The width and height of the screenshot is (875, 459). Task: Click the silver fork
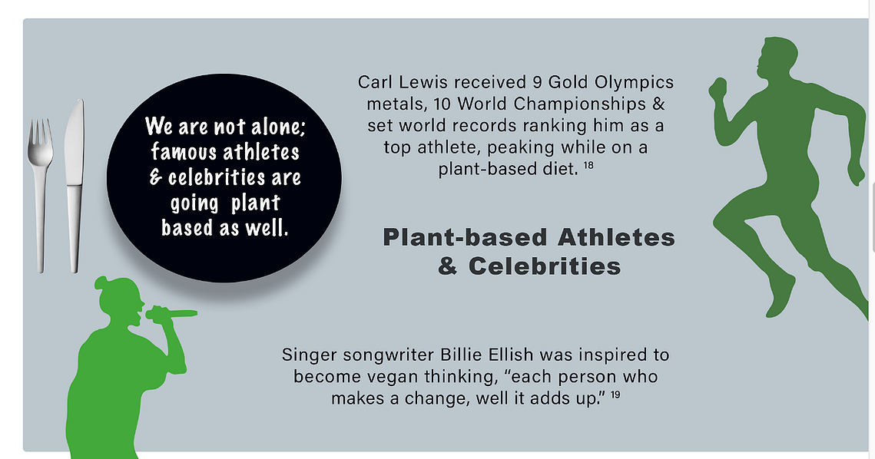pyautogui.click(x=40, y=195)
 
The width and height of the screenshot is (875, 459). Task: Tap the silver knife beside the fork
pyautogui.click(x=75, y=186)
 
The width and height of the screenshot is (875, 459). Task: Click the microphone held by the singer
pyautogui.click(x=171, y=314)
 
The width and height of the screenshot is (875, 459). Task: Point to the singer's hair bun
pyautogui.click(x=101, y=282)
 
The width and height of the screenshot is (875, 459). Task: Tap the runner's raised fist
pyautogui.click(x=718, y=88)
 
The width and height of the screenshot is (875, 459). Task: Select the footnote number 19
pyautogui.click(x=615, y=395)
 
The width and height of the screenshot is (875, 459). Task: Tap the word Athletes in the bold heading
pyautogui.click(x=616, y=237)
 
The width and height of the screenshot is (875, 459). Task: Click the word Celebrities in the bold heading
pyautogui.click(x=544, y=266)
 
